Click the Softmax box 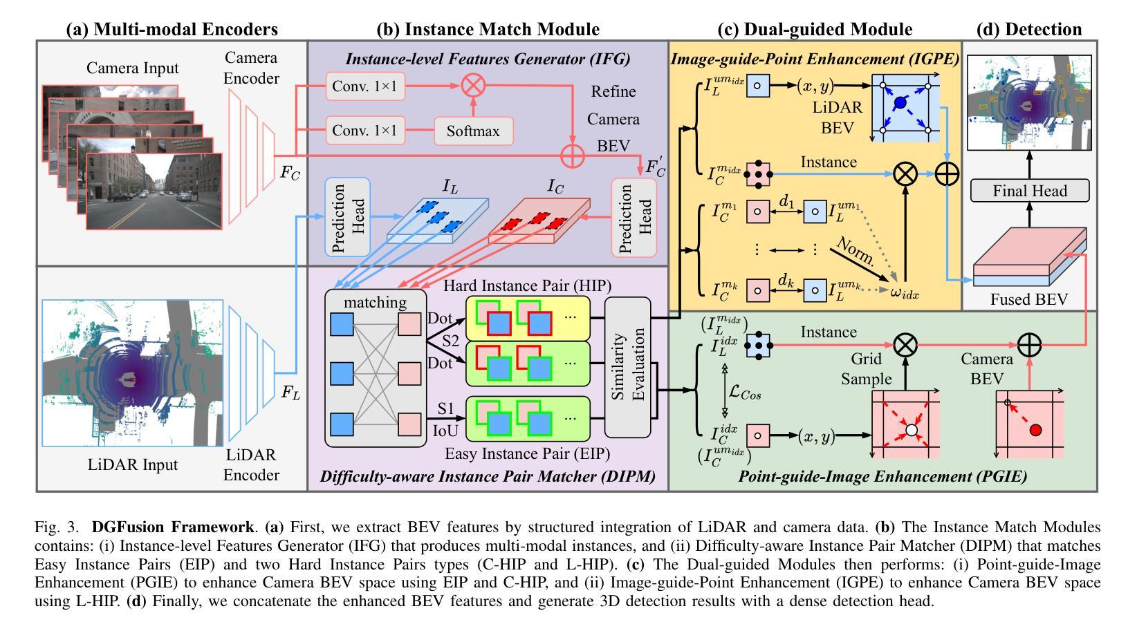tap(474, 131)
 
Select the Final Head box tap(1030, 190)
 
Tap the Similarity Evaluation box tap(628, 368)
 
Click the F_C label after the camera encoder tap(290, 173)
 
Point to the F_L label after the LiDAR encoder tap(290, 393)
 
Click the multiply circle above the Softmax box tap(474, 87)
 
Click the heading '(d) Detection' tap(1028, 29)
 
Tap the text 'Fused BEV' tap(1028, 299)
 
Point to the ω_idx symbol tap(905, 294)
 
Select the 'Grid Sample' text tap(866, 369)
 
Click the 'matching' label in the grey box tap(376, 302)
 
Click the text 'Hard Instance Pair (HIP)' tap(527, 285)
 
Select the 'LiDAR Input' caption tap(133, 464)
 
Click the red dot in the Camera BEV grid tap(1035, 430)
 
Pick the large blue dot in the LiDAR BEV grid tap(900, 103)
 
